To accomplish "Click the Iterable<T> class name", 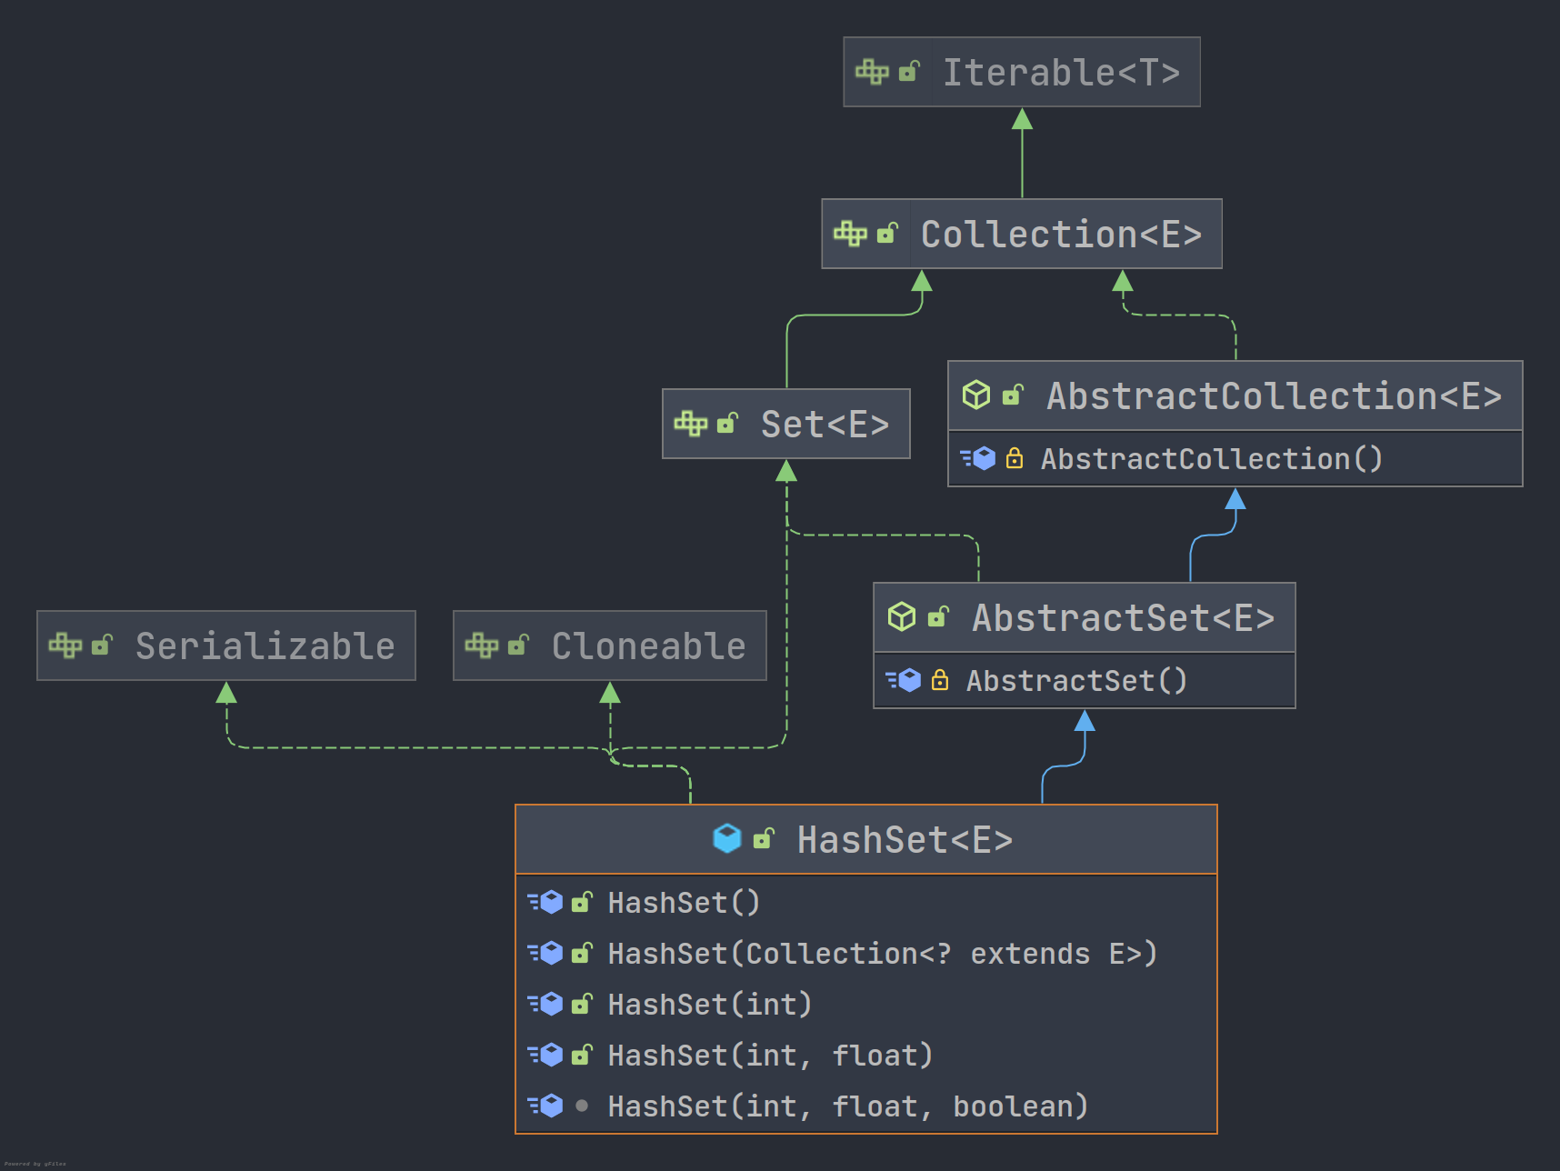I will coord(1061,73).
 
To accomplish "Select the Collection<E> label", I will coord(1061,235).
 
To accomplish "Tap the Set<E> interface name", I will coord(825,425).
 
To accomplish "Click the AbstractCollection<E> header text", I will coord(1274,396).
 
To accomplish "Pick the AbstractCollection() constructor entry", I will coord(1211,459).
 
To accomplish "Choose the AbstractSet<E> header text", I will coord(1123,618).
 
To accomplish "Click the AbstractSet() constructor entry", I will coord(1076,681).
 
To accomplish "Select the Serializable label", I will coord(265,646).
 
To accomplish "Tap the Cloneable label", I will coord(648,646).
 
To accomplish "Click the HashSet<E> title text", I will coord(905,840).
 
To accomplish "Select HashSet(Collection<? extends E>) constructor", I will coord(882,954).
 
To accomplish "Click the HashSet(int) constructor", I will coord(709,1005).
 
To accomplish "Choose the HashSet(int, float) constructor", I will coord(770,1056).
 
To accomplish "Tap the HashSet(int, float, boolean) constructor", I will coord(847,1106).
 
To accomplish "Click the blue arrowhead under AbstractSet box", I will coord(1085,722).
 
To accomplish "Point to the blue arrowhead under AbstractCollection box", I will coord(1235,499).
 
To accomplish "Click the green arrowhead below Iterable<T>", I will coord(1022,119).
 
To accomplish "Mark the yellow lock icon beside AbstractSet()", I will coord(940,680).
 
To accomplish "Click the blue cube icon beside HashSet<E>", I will coord(727,838).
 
